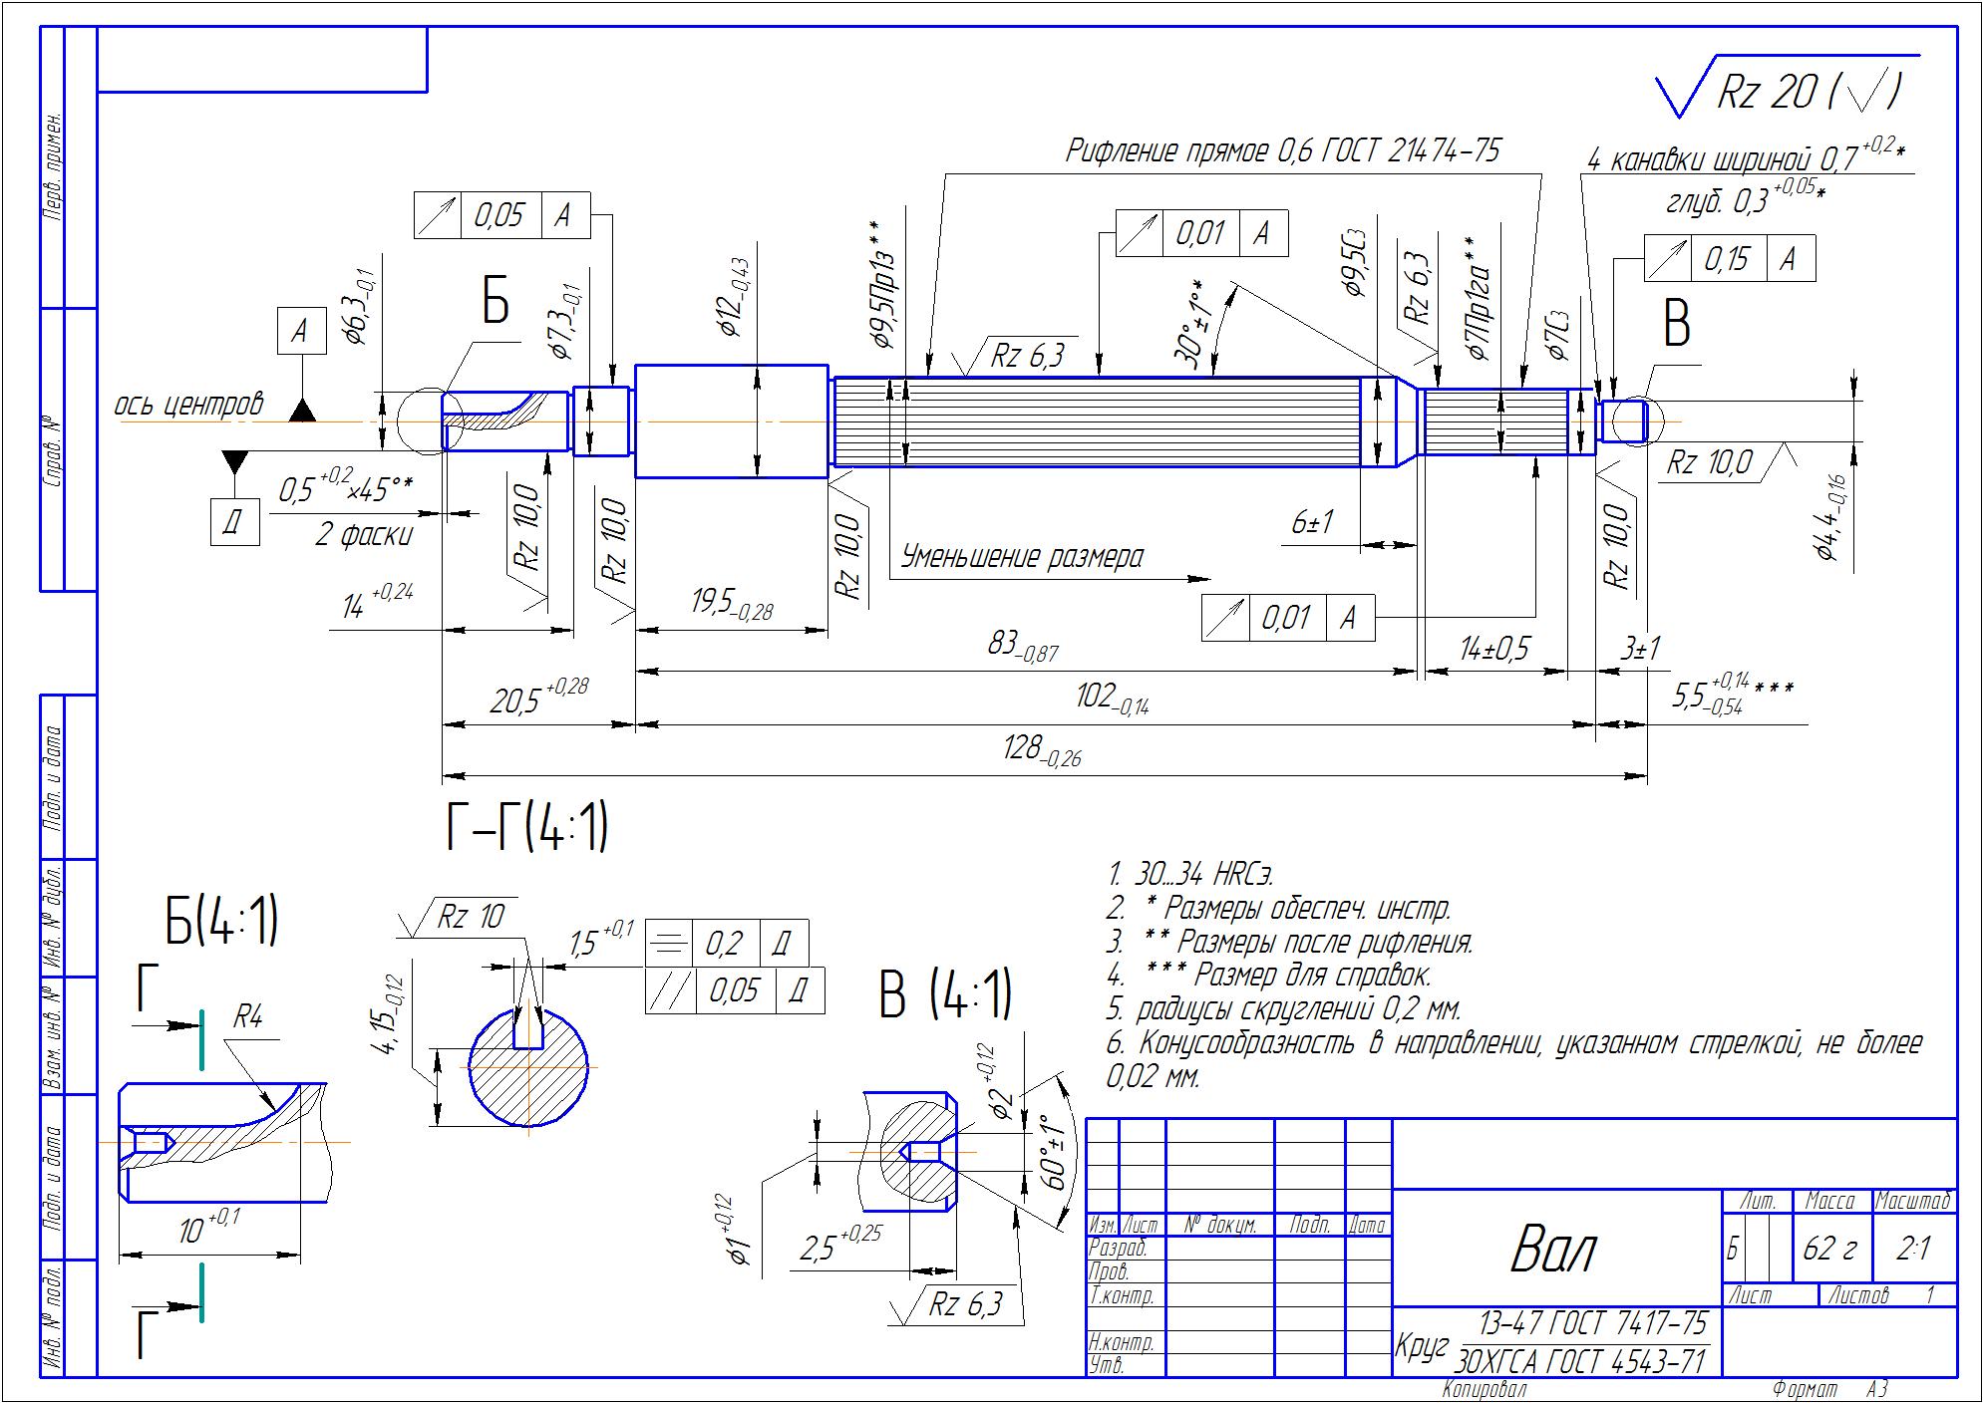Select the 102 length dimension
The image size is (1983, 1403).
1112,699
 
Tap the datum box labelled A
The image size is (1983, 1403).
300,331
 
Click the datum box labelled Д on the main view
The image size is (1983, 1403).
234,521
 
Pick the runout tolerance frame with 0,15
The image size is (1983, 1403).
1729,258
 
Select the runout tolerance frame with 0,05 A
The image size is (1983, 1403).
501,215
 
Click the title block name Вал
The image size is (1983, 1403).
1553,1249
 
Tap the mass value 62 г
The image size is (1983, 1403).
1830,1248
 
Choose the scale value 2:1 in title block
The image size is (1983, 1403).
1912,1248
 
